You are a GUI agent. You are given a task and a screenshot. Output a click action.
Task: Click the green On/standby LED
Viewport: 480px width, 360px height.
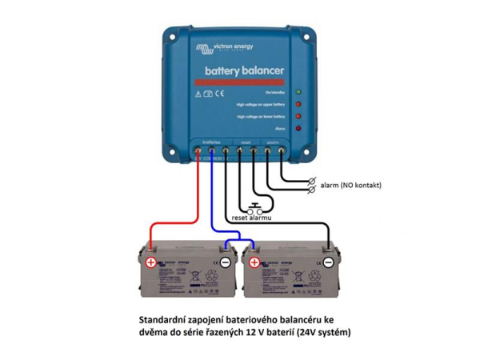click(x=298, y=92)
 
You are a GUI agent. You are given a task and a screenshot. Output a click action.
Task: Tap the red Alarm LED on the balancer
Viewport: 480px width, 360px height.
click(x=298, y=128)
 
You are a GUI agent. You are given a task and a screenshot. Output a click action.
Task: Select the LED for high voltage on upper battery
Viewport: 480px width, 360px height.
click(x=298, y=104)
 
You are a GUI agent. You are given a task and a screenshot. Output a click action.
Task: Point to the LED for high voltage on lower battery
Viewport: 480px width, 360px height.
click(x=298, y=117)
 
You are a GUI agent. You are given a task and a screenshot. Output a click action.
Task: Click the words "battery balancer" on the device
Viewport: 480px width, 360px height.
click(x=244, y=71)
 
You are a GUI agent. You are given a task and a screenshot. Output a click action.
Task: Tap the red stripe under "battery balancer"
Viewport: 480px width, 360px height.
click(x=238, y=82)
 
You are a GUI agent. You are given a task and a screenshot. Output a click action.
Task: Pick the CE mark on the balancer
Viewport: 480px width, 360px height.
click(x=219, y=94)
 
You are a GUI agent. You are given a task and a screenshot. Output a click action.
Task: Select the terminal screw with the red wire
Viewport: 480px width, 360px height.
click(x=198, y=150)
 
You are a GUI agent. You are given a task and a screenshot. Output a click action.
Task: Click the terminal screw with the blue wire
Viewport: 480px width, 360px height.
click(x=211, y=150)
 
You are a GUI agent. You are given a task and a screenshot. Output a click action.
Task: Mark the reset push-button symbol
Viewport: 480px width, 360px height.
click(x=252, y=205)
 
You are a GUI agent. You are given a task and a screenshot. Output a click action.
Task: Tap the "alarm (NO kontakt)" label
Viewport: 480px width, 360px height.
click(x=350, y=185)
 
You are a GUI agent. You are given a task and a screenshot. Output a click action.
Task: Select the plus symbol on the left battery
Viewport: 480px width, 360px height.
click(x=150, y=262)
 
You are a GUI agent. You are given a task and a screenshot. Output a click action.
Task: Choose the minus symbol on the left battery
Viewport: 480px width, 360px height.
click(x=226, y=262)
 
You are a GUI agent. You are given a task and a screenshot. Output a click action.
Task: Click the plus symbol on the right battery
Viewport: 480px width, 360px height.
click(x=254, y=262)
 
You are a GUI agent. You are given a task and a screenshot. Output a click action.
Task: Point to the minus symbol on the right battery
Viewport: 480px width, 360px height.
click(x=328, y=262)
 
